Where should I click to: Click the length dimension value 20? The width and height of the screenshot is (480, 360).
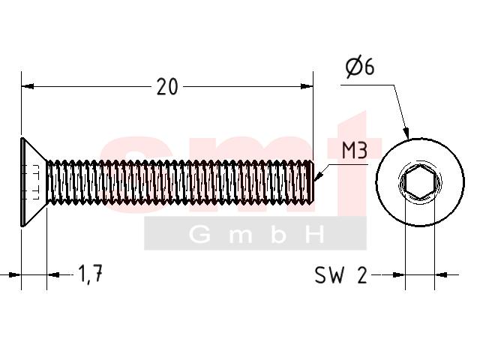point(167,87)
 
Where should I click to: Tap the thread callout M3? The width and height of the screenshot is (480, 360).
point(355,150)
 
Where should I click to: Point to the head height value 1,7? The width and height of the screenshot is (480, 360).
point(90,274)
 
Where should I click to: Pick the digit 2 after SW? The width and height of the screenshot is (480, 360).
point(361,275)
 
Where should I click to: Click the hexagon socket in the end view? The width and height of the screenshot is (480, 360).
point(420,183)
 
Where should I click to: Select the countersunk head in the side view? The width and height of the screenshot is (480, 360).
point(34,182)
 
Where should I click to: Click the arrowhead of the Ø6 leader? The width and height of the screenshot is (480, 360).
point(406,132)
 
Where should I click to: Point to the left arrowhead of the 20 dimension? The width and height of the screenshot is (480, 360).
point(28,87)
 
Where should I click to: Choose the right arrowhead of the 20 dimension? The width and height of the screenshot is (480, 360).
point(307,87)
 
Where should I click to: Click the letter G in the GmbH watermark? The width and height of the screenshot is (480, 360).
point(199,235)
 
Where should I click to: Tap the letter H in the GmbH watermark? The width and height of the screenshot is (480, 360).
point(315,235)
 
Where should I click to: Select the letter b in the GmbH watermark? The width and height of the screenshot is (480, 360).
point(278,235)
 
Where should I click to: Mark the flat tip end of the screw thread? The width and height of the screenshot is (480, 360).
point(313,181)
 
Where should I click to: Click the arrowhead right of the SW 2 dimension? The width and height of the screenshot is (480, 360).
point(441,275)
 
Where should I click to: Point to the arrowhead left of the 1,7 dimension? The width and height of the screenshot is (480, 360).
point(15,275)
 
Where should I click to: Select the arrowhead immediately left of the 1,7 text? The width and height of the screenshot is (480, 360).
point(53,275)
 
